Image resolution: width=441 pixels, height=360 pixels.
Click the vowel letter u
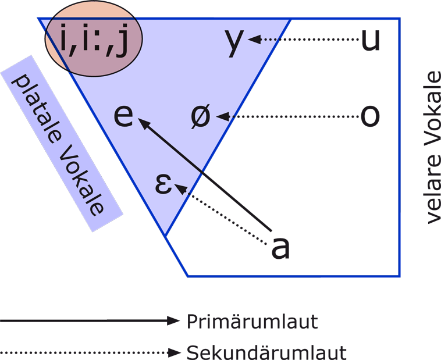click(x=370, y=40)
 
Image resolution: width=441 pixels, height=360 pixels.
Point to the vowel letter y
click(x=234, y=42)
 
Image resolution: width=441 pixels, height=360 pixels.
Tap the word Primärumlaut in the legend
click(x=252, y=321)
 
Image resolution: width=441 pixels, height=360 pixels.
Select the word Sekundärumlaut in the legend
click(x=266, y=352)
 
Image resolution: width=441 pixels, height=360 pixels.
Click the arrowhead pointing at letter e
click(x=143, y=123)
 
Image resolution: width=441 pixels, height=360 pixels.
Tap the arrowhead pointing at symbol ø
click(x=222, y=117)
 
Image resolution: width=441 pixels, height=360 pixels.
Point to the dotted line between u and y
click(x=308, y=40)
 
